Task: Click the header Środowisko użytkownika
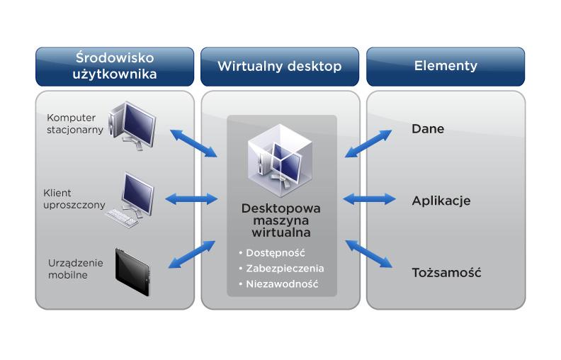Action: tap(115, 66)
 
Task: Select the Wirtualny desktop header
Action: tap(280, 67)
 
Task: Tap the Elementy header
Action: tap(446, 67)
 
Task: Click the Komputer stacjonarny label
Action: tap(75, 123)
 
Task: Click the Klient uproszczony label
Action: tap(74, 199)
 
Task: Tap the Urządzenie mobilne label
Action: tap(75, 269)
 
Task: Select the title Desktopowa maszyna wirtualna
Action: tap(281, 220)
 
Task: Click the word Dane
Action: tap(428, 130)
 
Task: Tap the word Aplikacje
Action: tap(441, 201)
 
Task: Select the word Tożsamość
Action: tap(446, 272)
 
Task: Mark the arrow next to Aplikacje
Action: tap(369, 200)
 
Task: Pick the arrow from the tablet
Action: tap(192, 255)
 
